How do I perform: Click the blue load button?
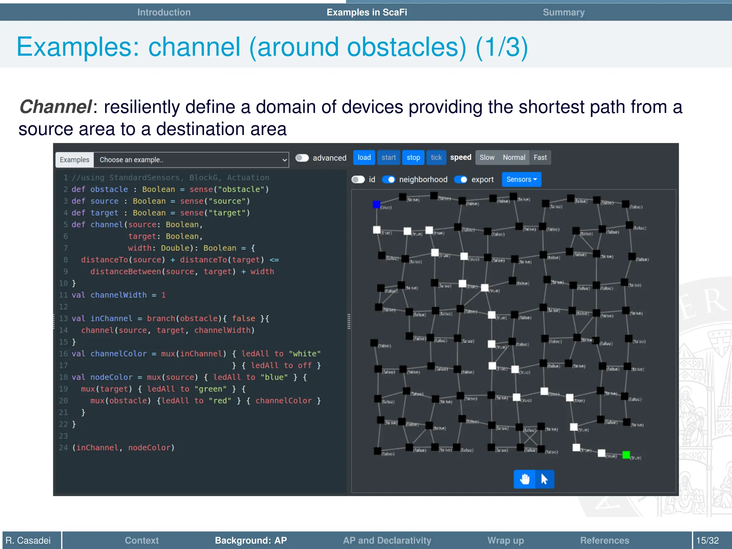tap(364, 158)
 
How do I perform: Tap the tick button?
tap(436, 158)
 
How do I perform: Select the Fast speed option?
tap(540, 158)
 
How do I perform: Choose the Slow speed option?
tap(487, 158)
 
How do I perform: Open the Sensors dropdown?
tap(521, 179)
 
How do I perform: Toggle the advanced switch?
tap(302, 158)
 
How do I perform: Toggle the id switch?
tap(358, 179)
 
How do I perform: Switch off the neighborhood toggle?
tap(389, 179)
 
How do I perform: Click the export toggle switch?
tap(461, 179)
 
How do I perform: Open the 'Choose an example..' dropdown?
tap(191, 160)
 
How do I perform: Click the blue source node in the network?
tap(376, 204)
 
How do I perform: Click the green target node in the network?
tap(626, 455)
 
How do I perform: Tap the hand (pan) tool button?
tap(524, 479)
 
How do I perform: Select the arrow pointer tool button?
tap(544, 479)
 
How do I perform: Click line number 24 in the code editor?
tap(63, 447)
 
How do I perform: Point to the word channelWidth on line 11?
tap(118, 295)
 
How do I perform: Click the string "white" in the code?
tap(305, 353)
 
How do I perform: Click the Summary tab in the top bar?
tap(564, 12)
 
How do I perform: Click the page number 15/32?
tap(707, 540)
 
